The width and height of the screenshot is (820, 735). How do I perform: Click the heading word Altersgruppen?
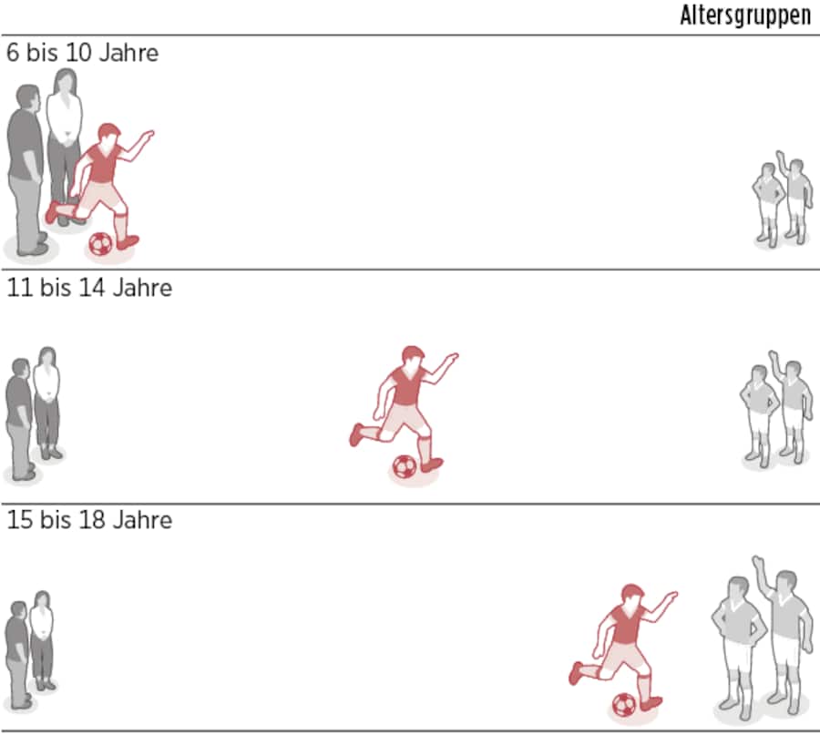pos(744,15)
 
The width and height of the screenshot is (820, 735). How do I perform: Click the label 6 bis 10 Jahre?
pos(82,53)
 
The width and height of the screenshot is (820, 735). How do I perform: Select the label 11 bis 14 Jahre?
pos(89,288)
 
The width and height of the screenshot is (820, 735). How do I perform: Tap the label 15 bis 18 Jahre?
pos(89,521)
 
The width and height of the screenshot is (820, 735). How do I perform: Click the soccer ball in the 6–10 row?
pos(100,243)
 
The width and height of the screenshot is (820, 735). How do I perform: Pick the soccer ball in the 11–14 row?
pos(404,467)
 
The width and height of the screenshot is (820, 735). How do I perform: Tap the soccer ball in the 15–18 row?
pos(623,704)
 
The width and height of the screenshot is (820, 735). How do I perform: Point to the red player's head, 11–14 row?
pos(413,358)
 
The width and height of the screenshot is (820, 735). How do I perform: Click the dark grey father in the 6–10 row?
pos(26,168)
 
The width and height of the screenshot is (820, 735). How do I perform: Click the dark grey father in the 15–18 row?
pos(17,651)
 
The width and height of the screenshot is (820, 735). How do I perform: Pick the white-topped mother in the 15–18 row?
pos(42,638)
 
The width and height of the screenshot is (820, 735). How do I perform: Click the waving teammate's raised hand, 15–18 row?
pos(757,562)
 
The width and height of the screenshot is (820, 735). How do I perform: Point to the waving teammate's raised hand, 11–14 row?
pos(774,354)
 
